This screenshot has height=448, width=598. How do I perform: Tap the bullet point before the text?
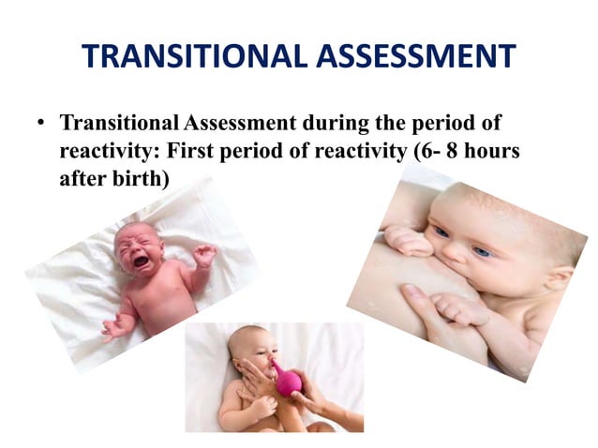pyautogui.click(x=41, y=124)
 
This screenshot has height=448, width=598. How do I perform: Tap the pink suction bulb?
pyautogui.click(x=285, y=380)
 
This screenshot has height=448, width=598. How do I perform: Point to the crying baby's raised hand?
pyautogui.click(x=204, y=254)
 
